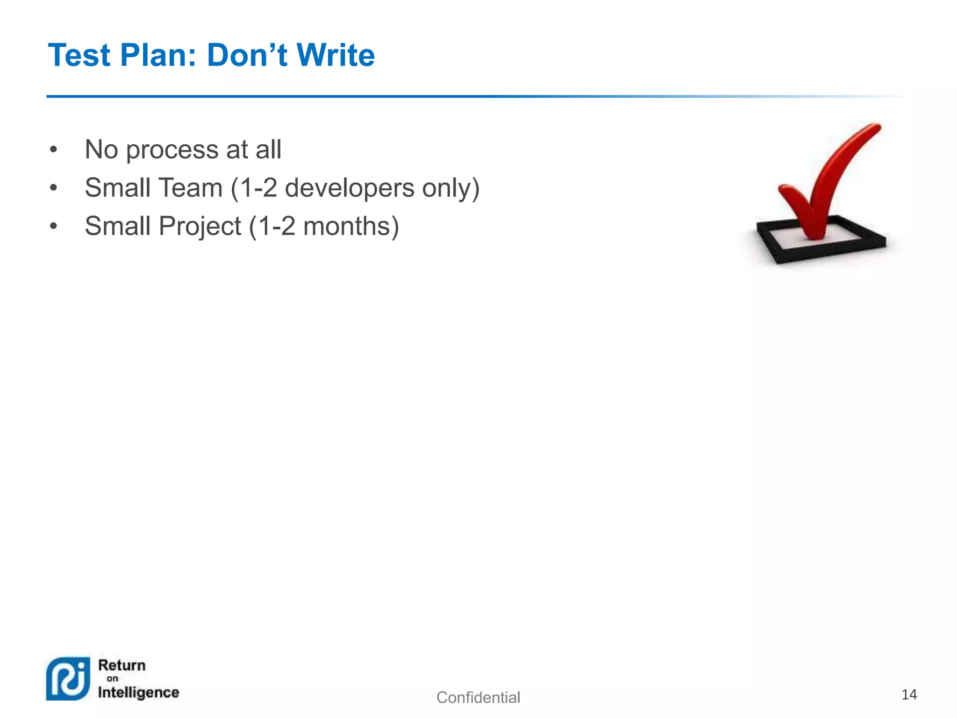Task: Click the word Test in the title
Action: coord(79,55)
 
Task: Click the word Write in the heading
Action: coord(336,55)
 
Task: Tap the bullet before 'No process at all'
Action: coord(54,150)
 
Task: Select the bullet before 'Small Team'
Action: coord(54,188)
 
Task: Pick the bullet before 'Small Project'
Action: coord(54,227)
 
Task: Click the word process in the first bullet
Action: coord(172,150)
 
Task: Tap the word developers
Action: coord(350,188)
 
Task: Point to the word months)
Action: coord(351,226)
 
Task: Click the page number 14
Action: coord(909,695)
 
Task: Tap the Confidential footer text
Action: coord(478,697)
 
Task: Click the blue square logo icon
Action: coord(68,679)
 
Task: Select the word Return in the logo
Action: coord(122,665)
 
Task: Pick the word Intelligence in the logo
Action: coord(138,692)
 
